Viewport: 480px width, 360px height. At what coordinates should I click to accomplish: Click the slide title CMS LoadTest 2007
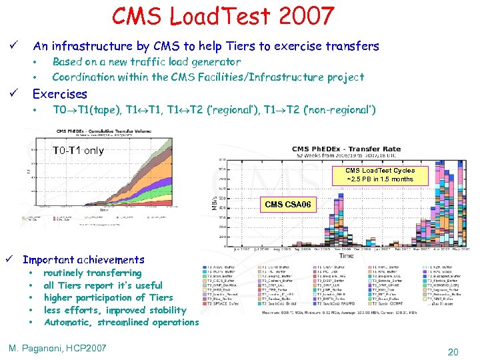[223, 16]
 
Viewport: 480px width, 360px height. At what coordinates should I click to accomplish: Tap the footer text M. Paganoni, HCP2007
[57, 348]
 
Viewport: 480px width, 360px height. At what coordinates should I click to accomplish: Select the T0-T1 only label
[79, 151]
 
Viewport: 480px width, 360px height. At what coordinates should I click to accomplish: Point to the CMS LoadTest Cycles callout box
[380, 175]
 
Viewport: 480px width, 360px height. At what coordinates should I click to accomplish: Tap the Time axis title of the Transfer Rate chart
[347, 255]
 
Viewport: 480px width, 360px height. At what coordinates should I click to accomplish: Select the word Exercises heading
[60, 94]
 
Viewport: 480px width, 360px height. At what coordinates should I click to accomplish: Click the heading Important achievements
[83, 260]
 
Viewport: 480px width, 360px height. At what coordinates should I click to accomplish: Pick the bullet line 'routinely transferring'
[92, 273]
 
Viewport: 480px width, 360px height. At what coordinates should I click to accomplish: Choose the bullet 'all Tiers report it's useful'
[103, 285]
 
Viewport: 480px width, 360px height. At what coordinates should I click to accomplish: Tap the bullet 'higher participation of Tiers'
[108, 298]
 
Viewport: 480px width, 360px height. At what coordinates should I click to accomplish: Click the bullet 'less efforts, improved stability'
[115, 310]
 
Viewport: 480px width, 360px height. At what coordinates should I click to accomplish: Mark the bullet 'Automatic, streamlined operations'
[121, 323]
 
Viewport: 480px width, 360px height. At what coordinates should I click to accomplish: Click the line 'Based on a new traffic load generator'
[146, 62]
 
